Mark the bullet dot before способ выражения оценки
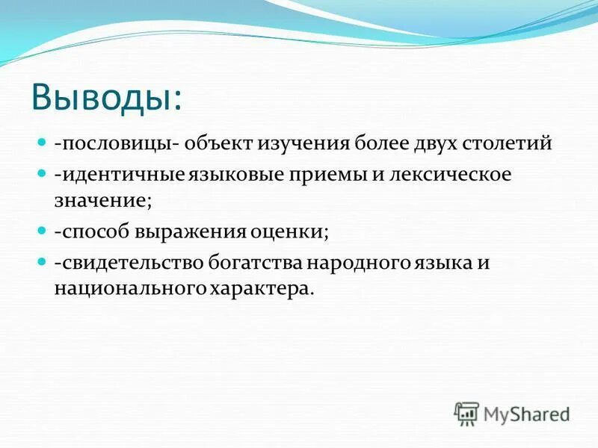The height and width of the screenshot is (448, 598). tap(41, 231)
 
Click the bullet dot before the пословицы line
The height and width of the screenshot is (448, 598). tap(41, 143)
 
